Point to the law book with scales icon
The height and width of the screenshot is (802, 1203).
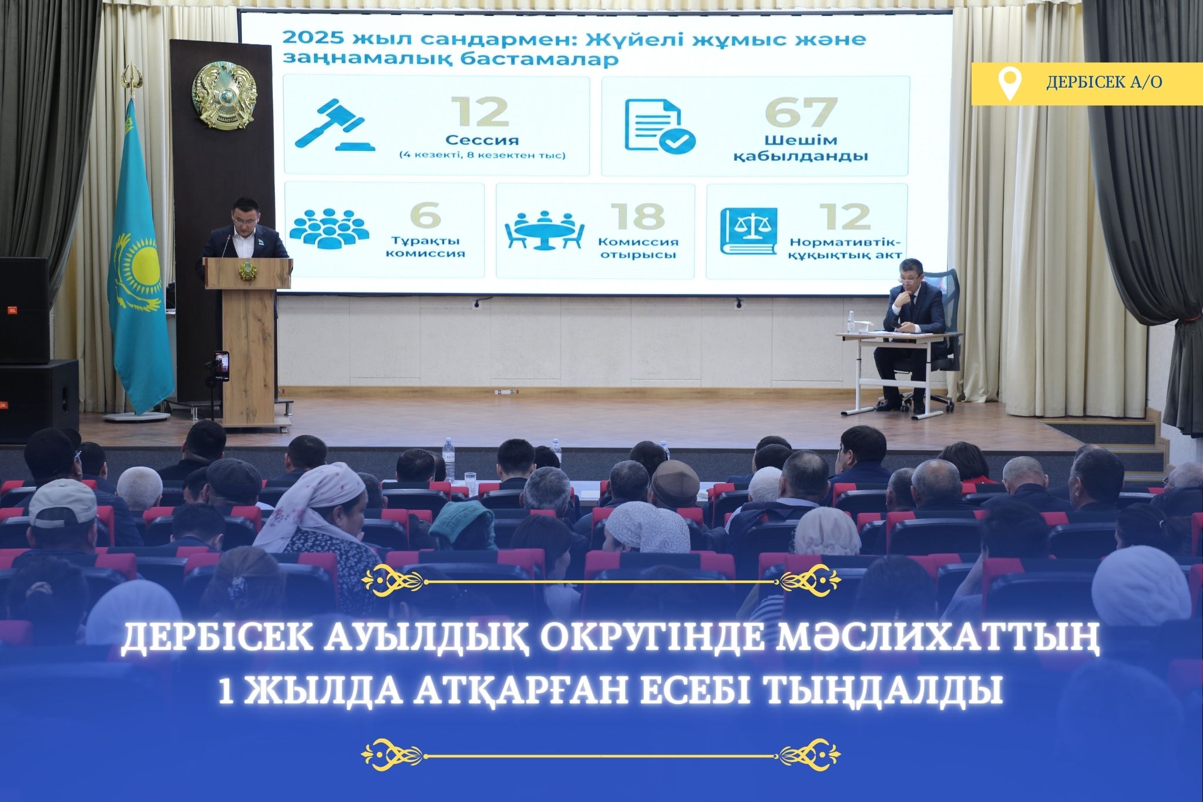point(748,231)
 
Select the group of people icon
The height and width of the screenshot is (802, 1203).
point(329,228)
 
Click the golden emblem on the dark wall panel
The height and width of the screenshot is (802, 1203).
point(224,95)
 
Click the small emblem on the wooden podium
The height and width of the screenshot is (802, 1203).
point(247,271)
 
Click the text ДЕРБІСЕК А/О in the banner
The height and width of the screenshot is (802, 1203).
point(1104,82)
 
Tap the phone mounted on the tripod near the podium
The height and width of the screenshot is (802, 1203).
point(221,367)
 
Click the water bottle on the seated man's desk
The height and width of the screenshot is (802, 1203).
point(851,322)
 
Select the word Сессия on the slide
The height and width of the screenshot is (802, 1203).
point(482,140)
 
